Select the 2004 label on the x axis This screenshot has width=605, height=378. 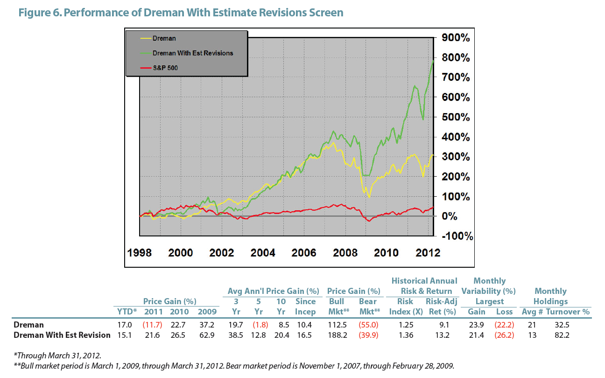coord(263,253)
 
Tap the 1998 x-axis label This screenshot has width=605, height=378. coord(140,253)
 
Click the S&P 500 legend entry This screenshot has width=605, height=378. coord(165,68)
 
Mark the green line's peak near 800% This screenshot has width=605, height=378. coord(433,60)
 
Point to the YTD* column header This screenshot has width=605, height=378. coord(126,312)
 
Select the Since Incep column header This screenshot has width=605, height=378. coord(306,307)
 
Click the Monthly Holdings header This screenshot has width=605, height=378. coord(551,296)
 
